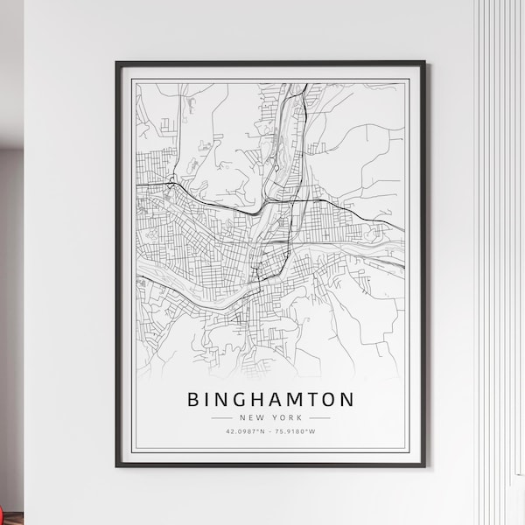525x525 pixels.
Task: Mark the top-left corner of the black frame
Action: click(x=116, y=63)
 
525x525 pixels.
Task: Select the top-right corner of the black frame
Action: click(x=424, y=63)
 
